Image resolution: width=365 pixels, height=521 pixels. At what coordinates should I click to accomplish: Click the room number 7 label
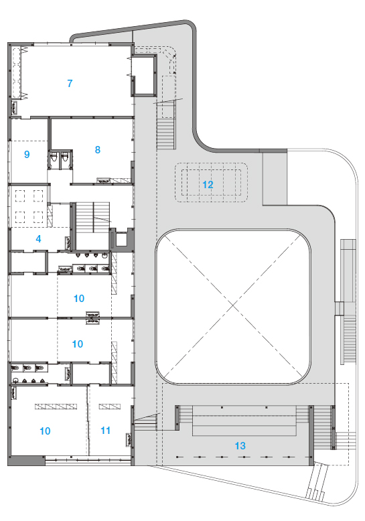tap(70, 83)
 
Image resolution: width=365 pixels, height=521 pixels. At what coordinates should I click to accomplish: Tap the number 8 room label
tap(97, 149)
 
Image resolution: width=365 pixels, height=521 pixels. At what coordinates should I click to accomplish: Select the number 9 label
tap(27, 154)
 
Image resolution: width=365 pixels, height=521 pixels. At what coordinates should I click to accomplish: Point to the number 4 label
tap(39, 238)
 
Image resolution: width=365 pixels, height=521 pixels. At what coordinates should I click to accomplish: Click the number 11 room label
tap(105, 431)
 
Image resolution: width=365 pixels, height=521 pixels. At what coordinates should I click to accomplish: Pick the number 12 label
tap(208, 185)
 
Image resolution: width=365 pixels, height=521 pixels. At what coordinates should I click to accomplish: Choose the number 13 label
tap(240, 445)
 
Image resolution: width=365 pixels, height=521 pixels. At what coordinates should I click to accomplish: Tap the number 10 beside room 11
tap(45, 431)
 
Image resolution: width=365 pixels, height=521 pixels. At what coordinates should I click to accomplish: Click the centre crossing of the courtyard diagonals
tap(233, 307)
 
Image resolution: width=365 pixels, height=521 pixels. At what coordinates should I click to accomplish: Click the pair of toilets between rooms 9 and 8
tap(60, 159)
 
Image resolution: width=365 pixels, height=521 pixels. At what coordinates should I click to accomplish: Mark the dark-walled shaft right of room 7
tap(144, 76)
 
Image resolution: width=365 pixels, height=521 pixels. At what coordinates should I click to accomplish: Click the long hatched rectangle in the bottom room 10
tap(56, 406)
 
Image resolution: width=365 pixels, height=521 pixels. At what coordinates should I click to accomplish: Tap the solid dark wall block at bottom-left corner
tap(26, 461)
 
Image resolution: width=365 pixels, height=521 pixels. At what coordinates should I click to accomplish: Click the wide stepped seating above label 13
tap(244, 421)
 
